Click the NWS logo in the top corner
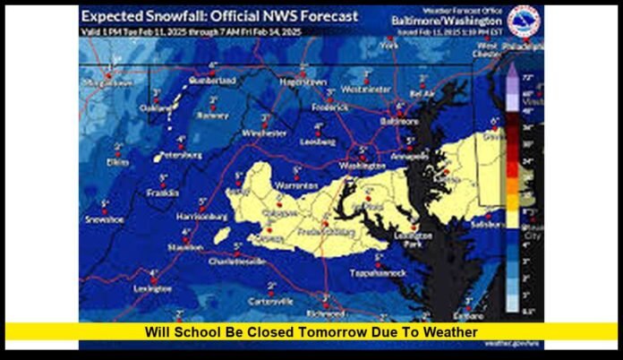coord(524,20)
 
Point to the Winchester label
coord(265,133)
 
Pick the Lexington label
coord(152,288)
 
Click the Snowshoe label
coord(104,219)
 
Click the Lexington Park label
coord(413,239)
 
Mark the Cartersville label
coord(270,302)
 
